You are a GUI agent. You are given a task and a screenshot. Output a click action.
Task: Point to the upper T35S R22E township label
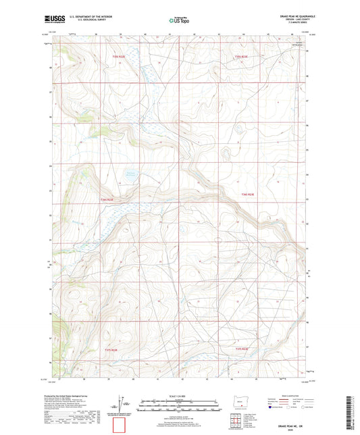point(119,57)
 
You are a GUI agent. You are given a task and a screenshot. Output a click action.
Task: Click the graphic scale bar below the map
point(179,408)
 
